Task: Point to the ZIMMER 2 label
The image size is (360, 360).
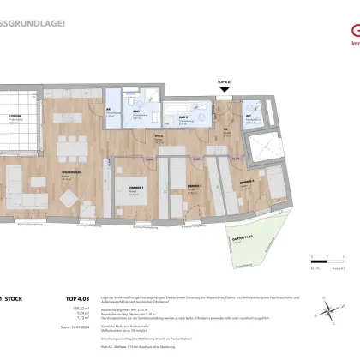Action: point(195,185)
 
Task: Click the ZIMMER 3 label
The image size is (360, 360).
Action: point(246,183)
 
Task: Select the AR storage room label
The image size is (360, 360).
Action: point(110,110)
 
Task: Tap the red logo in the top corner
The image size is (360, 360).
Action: point(349,15)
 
